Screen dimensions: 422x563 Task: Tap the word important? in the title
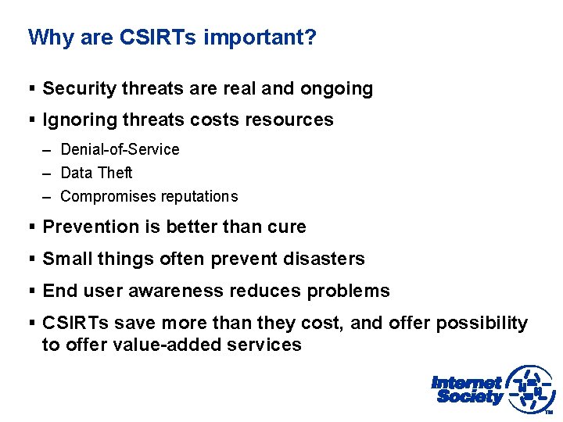(x=260, y=38)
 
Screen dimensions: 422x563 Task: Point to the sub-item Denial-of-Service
(x=120, y=149)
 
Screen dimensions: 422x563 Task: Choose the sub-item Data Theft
(x=96, y=173)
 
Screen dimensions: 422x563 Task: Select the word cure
(x=286, y=227)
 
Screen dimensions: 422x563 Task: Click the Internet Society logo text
(x=468, y=389)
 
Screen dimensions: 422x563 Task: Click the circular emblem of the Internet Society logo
(x=530, y=389)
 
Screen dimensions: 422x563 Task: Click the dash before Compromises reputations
(x=48, y=196)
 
